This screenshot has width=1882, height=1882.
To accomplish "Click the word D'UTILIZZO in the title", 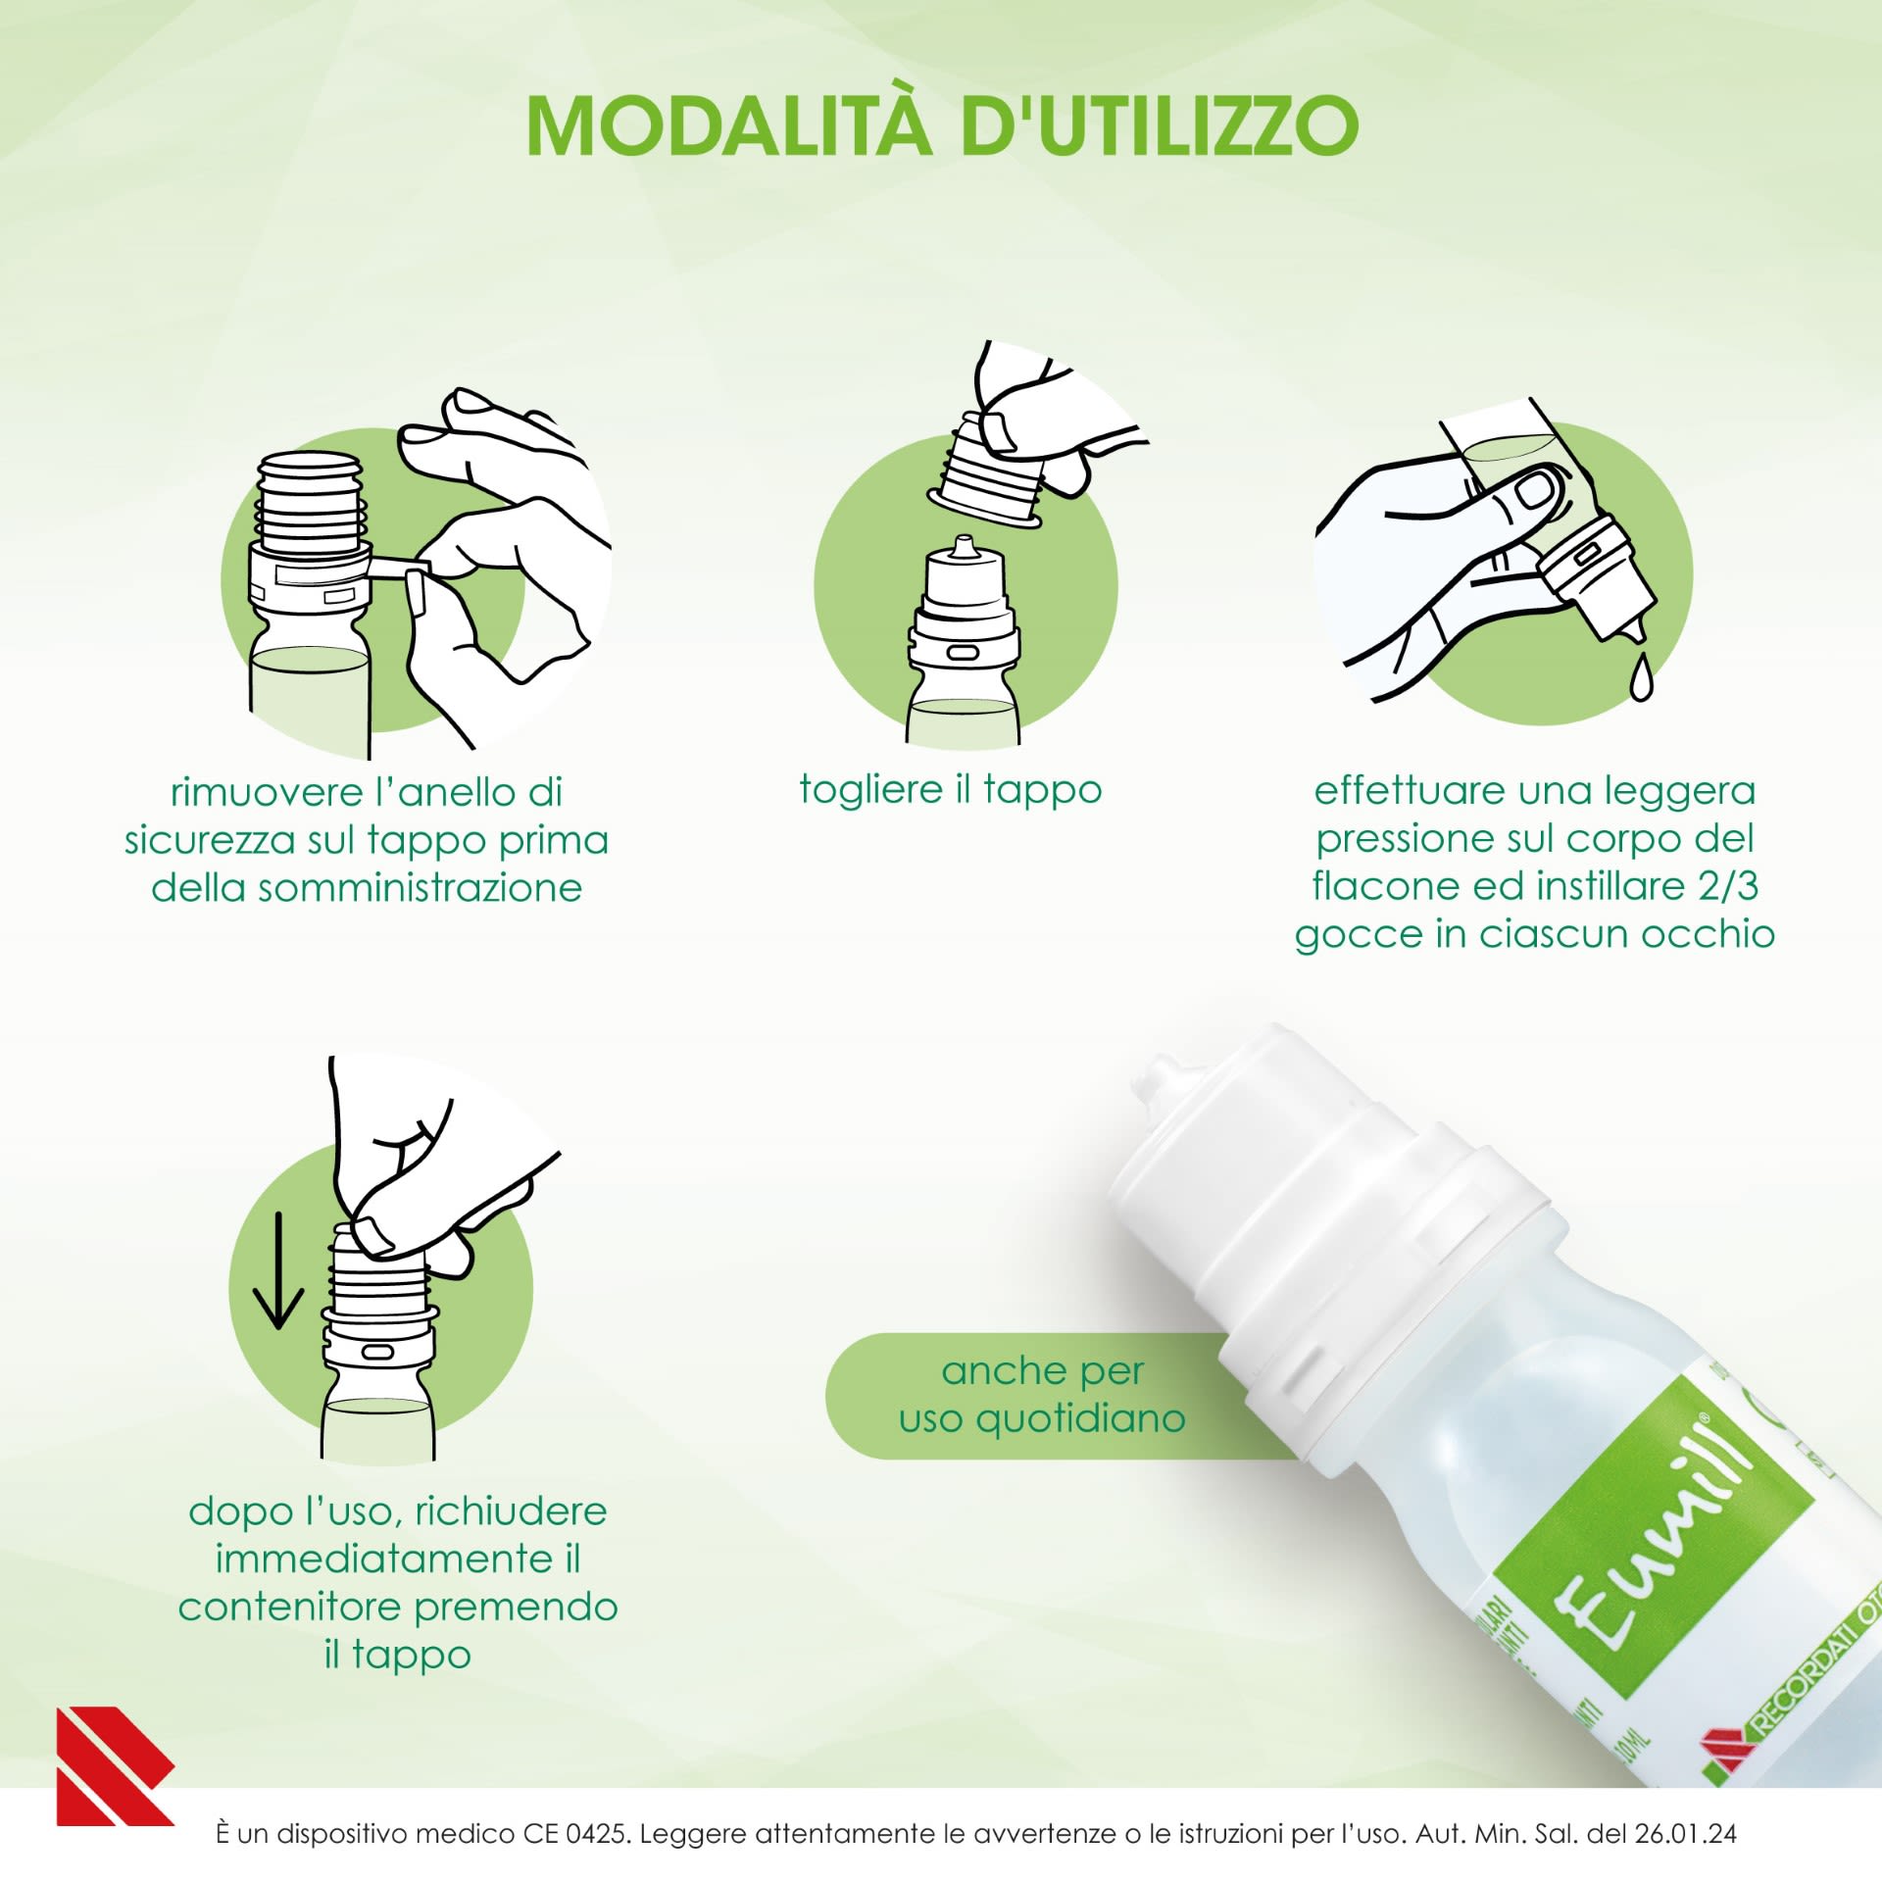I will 1160,125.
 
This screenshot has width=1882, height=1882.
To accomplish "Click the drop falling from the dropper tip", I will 1640,677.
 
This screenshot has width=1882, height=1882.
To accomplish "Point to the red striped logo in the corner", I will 114,1765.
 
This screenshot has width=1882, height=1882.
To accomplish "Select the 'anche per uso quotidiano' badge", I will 1041,1394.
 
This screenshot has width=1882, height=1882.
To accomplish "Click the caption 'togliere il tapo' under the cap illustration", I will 950,789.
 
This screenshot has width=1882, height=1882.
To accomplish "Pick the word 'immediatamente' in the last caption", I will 383,1559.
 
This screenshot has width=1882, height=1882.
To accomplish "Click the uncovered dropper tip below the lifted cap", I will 964,550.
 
